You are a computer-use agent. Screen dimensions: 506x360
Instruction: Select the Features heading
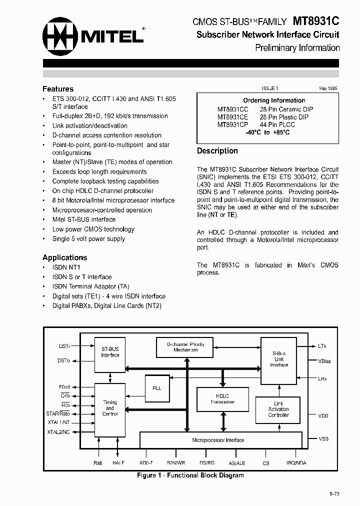(x=58, y=89)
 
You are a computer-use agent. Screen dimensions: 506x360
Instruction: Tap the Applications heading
(x=64, y=257)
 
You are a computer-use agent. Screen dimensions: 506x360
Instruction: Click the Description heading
(x=217, y=151)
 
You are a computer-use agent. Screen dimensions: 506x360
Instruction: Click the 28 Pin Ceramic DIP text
(x=286, y=109)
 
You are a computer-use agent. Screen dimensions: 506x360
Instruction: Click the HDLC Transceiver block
(x=222, y=398)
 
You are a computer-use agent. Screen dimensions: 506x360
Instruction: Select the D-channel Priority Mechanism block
(x=185, y=347)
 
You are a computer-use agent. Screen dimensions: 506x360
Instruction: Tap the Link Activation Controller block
(x=278, y=409)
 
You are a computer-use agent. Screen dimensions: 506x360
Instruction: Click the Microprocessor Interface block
(x=218, y=440)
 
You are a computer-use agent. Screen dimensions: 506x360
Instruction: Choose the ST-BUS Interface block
(x=110, y=352)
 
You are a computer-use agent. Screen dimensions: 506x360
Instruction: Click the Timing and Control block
(x=110, y=408)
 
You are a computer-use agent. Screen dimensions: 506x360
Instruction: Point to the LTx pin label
(x=322, y=346)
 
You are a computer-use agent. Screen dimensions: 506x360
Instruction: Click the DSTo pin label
(x=63, y=360)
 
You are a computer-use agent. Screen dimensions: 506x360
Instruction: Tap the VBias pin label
(x=324, y=361)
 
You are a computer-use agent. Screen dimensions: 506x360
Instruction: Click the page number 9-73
(x=334, y=493)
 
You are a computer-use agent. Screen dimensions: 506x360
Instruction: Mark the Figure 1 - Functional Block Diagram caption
(x=190, y=475)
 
